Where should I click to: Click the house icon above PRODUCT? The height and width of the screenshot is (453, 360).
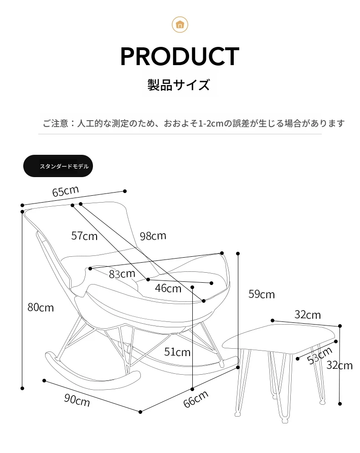[180, 25]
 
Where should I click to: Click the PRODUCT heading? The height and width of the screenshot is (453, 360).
[180, 56]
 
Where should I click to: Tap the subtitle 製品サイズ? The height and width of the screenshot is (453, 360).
[179, 85]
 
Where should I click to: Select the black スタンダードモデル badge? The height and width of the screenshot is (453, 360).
[58, 166]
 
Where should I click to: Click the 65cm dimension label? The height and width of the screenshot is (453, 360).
[65, 191]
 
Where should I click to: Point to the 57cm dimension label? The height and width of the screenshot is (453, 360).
[84, 236]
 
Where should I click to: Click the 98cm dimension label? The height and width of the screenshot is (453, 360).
[153, 236]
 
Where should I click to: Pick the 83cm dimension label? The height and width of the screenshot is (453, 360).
[122, 274]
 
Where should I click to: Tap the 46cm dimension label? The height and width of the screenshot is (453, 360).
[168, 288]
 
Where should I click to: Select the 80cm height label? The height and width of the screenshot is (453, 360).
[41, 307]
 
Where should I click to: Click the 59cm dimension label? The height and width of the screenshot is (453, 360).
[262, 294]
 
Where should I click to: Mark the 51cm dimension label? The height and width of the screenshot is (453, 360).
[177, 352]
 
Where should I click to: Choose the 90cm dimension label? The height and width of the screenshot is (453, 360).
[77, 400]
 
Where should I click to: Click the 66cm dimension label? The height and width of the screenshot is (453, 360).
[196, 399]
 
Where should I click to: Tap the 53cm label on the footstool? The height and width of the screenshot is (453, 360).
[319, 356]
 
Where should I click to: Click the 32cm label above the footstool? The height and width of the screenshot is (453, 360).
[308, 315]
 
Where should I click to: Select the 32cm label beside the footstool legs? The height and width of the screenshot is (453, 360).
[339, 366]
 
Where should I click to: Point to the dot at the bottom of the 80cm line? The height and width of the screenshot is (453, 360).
[22, 388]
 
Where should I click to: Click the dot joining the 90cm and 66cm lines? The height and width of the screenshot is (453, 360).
[140, 412]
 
